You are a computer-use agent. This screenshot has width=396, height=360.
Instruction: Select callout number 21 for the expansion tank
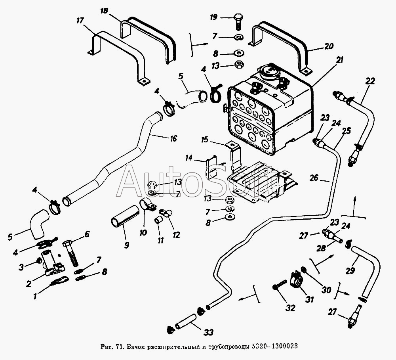coord(340,60)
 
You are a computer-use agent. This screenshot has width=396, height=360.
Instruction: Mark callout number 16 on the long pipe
coord(173,138)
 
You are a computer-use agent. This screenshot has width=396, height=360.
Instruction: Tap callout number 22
coord(369,80)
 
